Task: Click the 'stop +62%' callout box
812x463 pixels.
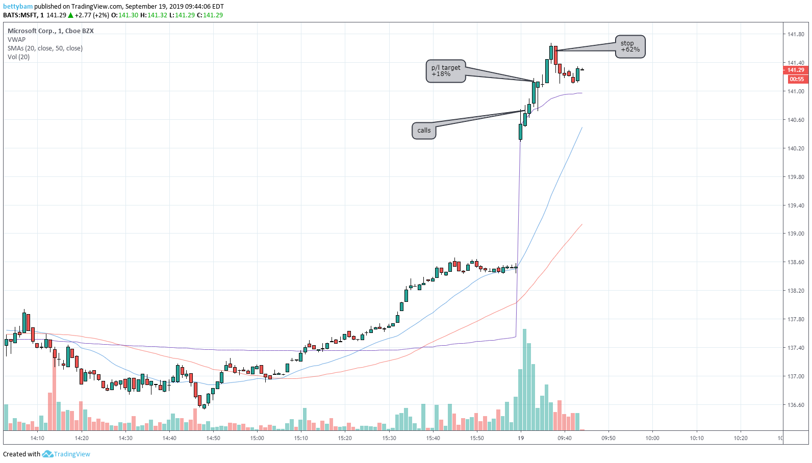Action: tap(630, 46)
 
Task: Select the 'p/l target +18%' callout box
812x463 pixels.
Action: tap(445, 71)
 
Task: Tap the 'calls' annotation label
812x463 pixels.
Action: tap(424, 131)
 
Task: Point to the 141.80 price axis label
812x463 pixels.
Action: tap(796, 35)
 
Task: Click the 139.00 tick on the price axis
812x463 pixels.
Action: tap(796, 234)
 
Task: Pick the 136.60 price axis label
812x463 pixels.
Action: tap(796, 405)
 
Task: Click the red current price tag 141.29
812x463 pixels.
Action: tap(795, 70)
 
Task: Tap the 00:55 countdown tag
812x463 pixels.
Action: tap(796, 79)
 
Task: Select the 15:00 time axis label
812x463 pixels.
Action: tap(257, 438)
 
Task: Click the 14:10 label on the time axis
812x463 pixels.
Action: tap(37, 438)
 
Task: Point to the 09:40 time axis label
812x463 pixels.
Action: tap(565, 438)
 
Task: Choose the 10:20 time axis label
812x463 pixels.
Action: tap(741, 438)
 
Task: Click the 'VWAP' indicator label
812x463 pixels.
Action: tap(16, 40)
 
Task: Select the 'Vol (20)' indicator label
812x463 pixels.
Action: tap(18, 57)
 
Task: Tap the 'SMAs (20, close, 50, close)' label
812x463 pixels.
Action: tap(45, 48)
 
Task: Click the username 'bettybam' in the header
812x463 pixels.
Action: tap(18, 7)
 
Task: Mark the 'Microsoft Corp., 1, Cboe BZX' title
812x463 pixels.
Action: tap(50, 31)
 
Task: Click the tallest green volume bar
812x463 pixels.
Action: tap(524, 380)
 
